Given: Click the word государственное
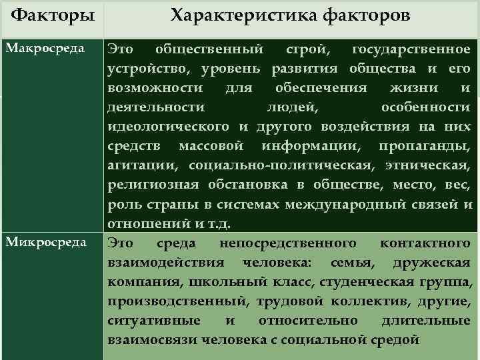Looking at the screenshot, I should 415,49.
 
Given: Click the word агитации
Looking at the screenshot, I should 142,165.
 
